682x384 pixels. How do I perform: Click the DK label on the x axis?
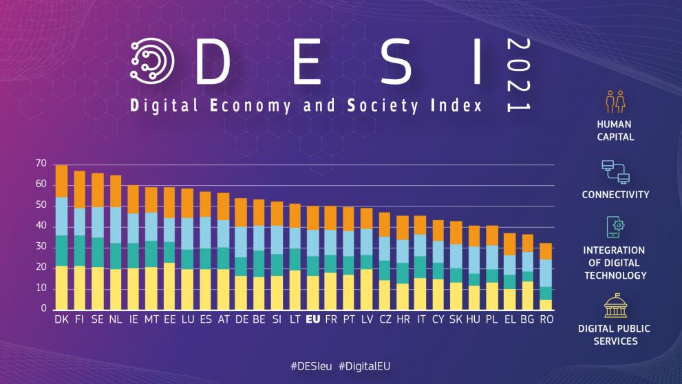point(61,319)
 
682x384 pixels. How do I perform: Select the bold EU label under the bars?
point(312,319)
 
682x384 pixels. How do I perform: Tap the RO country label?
point(546,319)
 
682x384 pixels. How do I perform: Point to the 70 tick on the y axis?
point(41,164)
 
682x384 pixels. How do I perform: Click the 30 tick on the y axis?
point(41,246)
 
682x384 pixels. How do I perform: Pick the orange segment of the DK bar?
point(61,181)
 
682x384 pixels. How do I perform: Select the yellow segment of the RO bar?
point(546,304)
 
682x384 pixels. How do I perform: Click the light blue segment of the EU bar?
point(312,243)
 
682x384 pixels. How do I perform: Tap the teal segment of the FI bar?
point(80,250)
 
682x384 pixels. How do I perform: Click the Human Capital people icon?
point(615,101)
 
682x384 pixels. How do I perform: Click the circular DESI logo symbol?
point(152,61)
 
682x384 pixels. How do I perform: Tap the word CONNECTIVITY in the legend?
point(615,195)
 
